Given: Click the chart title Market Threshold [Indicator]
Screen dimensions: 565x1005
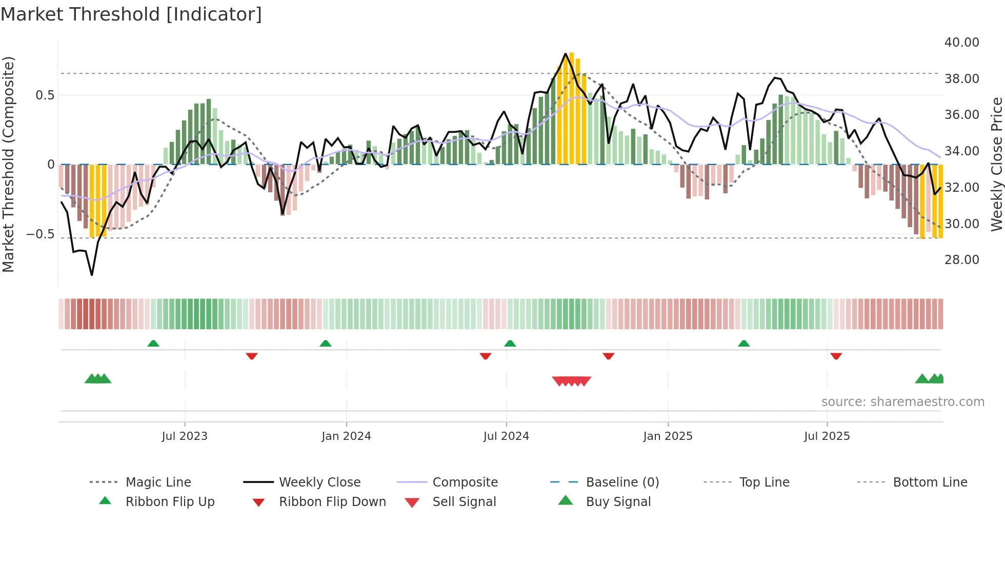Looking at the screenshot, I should tap(131, 14).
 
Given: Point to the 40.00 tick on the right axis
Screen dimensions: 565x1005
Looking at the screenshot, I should tap(961, 43).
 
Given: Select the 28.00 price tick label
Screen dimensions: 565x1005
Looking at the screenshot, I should tap(961, 260).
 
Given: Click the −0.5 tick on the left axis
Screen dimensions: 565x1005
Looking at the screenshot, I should tap(40, 234).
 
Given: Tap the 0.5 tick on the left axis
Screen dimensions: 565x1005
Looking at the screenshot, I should tap(45, 95).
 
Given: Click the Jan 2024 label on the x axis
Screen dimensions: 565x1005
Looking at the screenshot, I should tap(346, 436).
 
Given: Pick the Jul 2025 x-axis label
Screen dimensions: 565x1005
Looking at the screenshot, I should tap(827, 436).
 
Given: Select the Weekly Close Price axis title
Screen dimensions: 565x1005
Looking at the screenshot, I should tap(996, 164).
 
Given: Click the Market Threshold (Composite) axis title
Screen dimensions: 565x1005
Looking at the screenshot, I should tap(8, 164).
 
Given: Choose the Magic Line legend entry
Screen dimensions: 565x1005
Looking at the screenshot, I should tap(158, 482).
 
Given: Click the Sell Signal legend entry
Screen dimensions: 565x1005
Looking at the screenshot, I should tap(464, 502).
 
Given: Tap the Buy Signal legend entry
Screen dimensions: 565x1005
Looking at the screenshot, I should tap(618, 502).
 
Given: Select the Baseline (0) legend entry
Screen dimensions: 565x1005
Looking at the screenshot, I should tap(622, 482).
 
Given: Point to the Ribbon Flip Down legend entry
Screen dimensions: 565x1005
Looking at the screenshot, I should tap(332, 502).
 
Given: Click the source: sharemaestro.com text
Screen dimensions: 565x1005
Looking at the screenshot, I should tap(902, 402).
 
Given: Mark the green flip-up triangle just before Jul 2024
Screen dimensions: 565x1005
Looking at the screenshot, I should tap(510, 344).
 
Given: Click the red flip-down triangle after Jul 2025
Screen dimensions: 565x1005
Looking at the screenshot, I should tap(836, 356).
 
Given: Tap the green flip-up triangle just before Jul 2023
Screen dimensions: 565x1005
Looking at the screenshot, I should tap(153, 344).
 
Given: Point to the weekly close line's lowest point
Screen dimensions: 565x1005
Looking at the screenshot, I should tap(92, 275).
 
